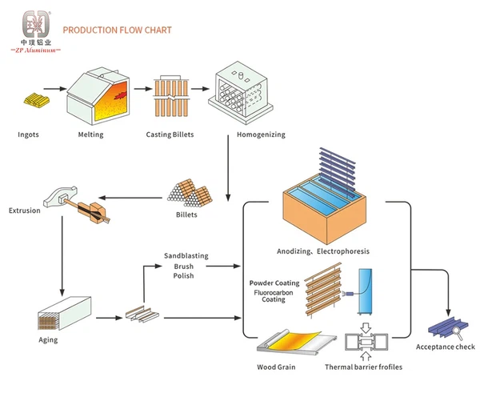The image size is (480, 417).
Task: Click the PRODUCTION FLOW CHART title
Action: [117, 30]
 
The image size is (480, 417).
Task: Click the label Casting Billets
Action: [170, 134]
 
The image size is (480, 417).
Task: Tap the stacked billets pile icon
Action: [187, 194]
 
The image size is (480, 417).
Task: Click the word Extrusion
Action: [24, 211]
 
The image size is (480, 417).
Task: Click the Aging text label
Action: [47, 340]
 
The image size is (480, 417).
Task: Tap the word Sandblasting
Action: [186, 256]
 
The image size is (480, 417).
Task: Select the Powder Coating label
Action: [274, 283]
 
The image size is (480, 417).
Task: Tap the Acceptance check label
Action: [445, 347]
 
